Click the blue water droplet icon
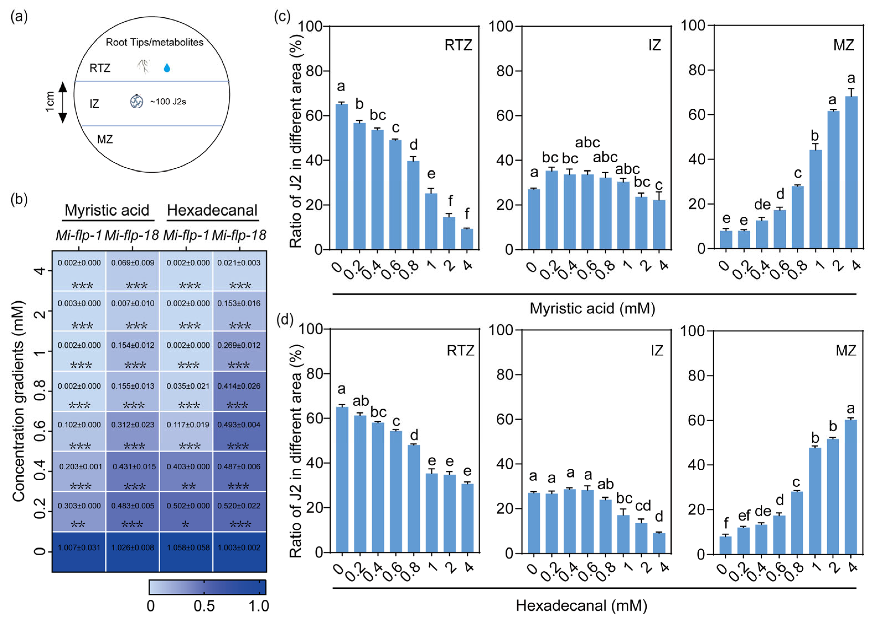tap(167, 68)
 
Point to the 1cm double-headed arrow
tap(63, 102)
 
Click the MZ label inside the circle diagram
tap(105, 139)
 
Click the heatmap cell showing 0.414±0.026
tap(239, 391)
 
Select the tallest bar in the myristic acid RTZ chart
tap(342, 177)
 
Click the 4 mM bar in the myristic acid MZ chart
tap(851, 172)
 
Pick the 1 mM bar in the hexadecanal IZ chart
tap(623, 534)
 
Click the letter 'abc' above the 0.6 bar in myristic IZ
tap(587, 143)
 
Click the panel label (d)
tap(285, 319)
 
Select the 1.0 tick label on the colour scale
tap(259, 606)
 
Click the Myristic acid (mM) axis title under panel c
tap(592, 308)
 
